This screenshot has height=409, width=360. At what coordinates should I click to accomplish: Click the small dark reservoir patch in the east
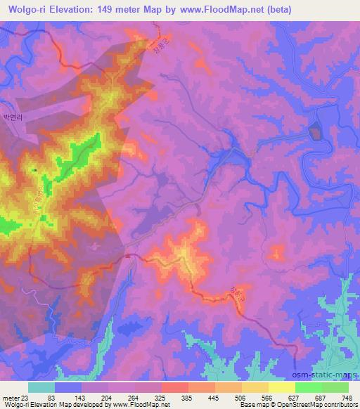pos(314,130)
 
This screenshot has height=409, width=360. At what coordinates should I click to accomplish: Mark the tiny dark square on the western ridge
pos(34,169)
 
